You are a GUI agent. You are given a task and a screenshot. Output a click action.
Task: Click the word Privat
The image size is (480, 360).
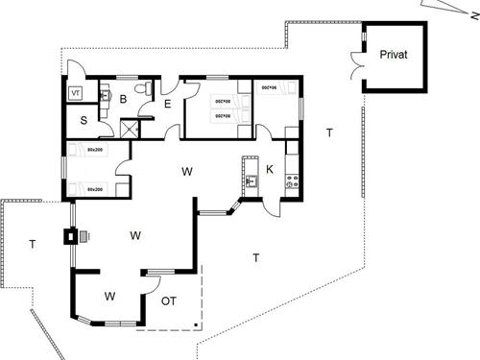393,55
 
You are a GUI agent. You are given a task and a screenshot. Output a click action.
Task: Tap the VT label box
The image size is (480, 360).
77,93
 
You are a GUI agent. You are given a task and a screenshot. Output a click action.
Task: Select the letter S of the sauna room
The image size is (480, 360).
84,120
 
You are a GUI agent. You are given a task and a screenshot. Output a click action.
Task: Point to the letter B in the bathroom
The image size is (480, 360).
123,98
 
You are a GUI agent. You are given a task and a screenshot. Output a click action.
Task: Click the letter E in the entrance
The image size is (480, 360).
166,104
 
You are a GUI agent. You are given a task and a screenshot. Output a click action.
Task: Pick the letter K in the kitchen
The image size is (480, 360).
270,169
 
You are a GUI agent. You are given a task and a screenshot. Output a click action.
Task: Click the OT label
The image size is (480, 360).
169,300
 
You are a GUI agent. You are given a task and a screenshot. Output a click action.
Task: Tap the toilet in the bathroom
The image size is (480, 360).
143,89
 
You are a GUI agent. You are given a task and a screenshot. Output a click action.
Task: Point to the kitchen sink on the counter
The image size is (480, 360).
252,180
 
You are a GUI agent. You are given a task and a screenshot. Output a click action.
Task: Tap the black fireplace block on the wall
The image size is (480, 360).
71,235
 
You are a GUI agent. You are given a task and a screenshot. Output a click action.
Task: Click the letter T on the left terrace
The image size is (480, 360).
32,245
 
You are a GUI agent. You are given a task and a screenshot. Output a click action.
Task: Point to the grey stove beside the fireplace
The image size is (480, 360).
84,234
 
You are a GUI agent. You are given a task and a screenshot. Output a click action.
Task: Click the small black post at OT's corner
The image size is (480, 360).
196,325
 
